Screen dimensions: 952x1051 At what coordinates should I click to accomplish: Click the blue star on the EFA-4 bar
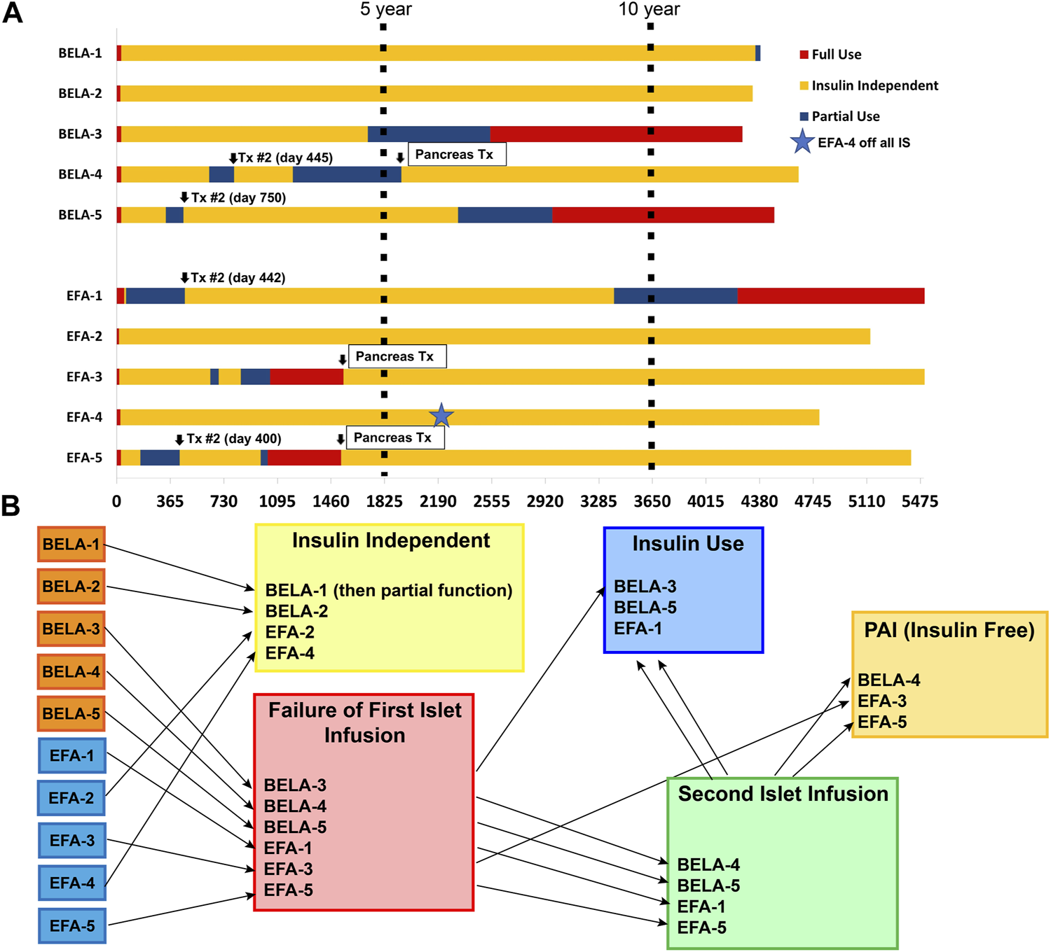coord(441,415)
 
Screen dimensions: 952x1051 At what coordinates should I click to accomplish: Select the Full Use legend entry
coord(836,55)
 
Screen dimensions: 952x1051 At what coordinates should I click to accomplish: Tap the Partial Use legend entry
coord(845,116)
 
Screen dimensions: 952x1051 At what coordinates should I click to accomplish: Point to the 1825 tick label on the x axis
coord(384,501)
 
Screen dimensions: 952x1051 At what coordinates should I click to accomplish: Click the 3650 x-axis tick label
coord(652,501)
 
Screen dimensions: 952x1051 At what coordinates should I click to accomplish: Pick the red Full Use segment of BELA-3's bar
coord(616,134)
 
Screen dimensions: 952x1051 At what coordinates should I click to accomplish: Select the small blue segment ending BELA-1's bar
coord(758,53)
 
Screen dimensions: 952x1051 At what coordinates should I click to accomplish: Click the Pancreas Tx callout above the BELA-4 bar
coord(454,154)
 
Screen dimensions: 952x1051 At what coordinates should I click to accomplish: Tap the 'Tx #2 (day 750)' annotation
coord(238,197)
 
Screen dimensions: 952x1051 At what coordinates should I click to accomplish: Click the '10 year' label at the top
coord(649,9)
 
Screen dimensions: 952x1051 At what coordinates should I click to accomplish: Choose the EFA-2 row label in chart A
coord(84,336)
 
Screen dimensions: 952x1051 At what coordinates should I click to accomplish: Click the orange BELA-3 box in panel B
coord(71,629)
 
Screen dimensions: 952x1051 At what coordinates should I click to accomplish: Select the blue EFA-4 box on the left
coord(71,883)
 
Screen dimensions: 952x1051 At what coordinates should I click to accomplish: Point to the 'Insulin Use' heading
coord(687,544)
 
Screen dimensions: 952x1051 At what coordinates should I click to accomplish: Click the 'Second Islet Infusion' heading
coord(783,794)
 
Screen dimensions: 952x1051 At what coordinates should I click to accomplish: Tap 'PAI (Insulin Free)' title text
coord(949,630)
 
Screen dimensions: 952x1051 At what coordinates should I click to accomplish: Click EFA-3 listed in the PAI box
coord(882,701)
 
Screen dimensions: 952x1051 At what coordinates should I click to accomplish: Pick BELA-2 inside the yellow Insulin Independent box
coord(296,611)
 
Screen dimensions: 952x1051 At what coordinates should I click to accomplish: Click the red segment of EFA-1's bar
coord(830,295)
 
